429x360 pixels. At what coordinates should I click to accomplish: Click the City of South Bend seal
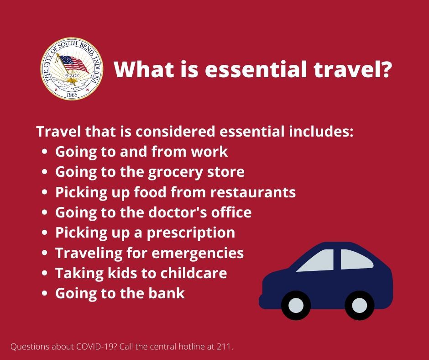click(72, 69)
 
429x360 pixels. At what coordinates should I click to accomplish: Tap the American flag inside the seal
click(73, 64)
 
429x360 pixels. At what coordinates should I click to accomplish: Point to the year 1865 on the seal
click(72, 95)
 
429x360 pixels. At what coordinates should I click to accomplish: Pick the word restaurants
click(253, 192)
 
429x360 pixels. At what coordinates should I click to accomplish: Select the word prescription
click(191, 233)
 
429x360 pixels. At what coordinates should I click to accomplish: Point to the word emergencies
click(197, 254)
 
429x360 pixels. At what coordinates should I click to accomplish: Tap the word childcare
click(194, 273)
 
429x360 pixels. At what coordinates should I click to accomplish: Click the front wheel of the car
click(296, 305)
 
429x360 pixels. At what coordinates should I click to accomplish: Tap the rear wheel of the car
click(360, 305)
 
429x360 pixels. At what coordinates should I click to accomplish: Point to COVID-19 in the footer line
click(94, 347)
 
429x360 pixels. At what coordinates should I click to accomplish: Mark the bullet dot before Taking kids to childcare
click(45, 273)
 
